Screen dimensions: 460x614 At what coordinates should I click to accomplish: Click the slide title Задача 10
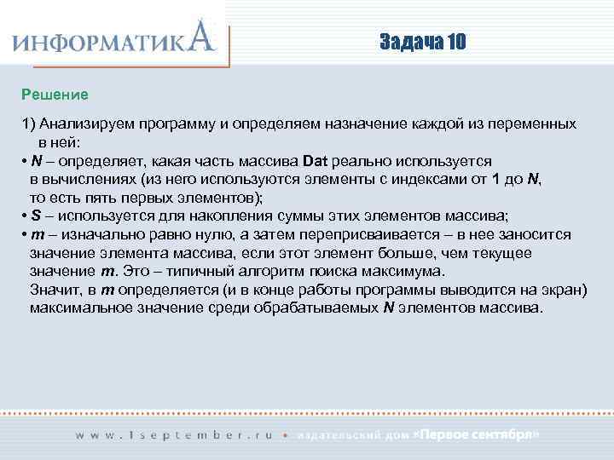423,43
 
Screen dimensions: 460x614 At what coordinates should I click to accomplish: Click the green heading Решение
55,92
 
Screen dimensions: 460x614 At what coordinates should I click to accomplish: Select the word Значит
56,290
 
